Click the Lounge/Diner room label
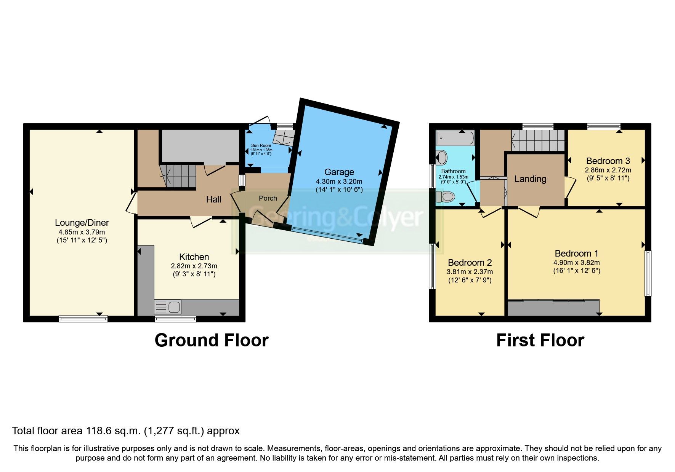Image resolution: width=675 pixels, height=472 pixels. tap(82, 223)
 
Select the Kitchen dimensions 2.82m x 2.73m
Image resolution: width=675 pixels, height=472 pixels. tap(194, 266)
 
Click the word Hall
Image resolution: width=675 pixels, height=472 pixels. tap(213, 199)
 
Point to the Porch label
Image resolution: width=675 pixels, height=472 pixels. tap(268, 198)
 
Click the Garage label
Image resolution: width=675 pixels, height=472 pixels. tap(339, 172)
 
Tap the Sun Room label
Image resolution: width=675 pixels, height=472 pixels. tap(261, 145)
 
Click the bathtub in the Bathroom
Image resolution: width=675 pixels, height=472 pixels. tap(455, 138)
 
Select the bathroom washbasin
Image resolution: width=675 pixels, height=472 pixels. tap(442, 157)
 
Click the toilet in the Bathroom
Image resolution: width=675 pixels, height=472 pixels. tap(446, 197)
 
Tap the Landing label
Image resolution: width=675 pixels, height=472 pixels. tap(530, 179)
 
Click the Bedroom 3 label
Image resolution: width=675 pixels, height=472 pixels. tap(608, 161)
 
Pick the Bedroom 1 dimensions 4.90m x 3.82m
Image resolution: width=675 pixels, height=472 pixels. tap(576, 263)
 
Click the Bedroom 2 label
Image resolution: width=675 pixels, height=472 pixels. tap(470, 263)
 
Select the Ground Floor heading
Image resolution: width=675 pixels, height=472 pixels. tap(212, 340)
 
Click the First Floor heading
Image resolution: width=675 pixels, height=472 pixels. tap(540, 340)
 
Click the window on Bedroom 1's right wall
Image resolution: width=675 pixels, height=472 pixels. tap(647, 273)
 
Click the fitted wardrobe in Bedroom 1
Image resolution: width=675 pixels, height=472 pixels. tap(553, 308)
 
